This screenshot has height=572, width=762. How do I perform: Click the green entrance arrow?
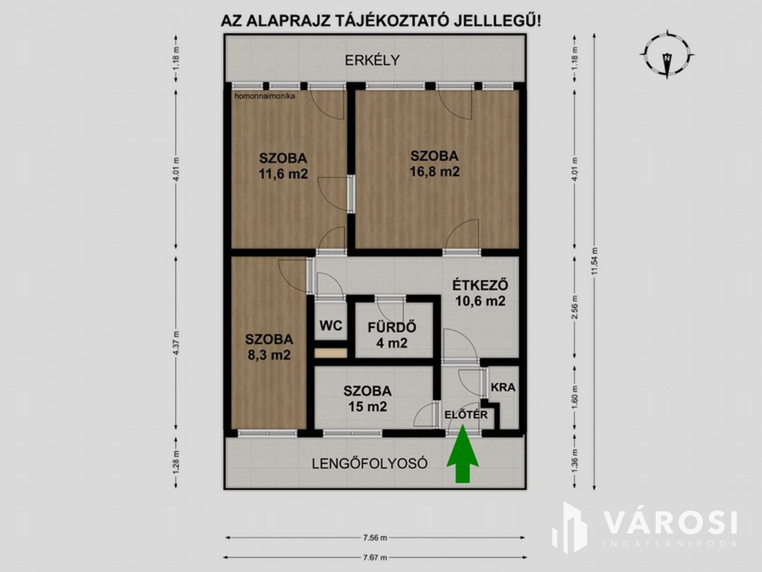[x=462, y=454]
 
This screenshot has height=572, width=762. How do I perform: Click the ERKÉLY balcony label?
[x=372, y=60]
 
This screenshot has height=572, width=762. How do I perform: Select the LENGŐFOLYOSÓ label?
[x=369, y=463]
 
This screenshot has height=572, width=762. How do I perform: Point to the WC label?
[x=331, y=325]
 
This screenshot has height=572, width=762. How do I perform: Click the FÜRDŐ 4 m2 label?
[x=392, y=335]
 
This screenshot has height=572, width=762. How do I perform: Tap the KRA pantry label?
[x=503, y=387]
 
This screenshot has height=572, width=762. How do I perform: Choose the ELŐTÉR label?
[x=466, y=414]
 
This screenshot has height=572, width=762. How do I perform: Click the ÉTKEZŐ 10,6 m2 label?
[x=480, y=293]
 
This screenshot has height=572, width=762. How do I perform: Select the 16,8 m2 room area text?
[x=435, y=172]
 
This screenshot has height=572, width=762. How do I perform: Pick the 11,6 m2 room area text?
[x=283, y=173]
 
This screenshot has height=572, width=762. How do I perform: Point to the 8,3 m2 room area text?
[x=269, y=355]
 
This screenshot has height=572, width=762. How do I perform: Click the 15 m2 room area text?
[x=367, y=407]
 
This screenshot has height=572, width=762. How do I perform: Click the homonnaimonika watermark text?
[x=264, y=95]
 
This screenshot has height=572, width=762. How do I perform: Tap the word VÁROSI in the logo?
[x=670, y=522]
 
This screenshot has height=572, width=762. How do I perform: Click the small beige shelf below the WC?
[x=331, y=353]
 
